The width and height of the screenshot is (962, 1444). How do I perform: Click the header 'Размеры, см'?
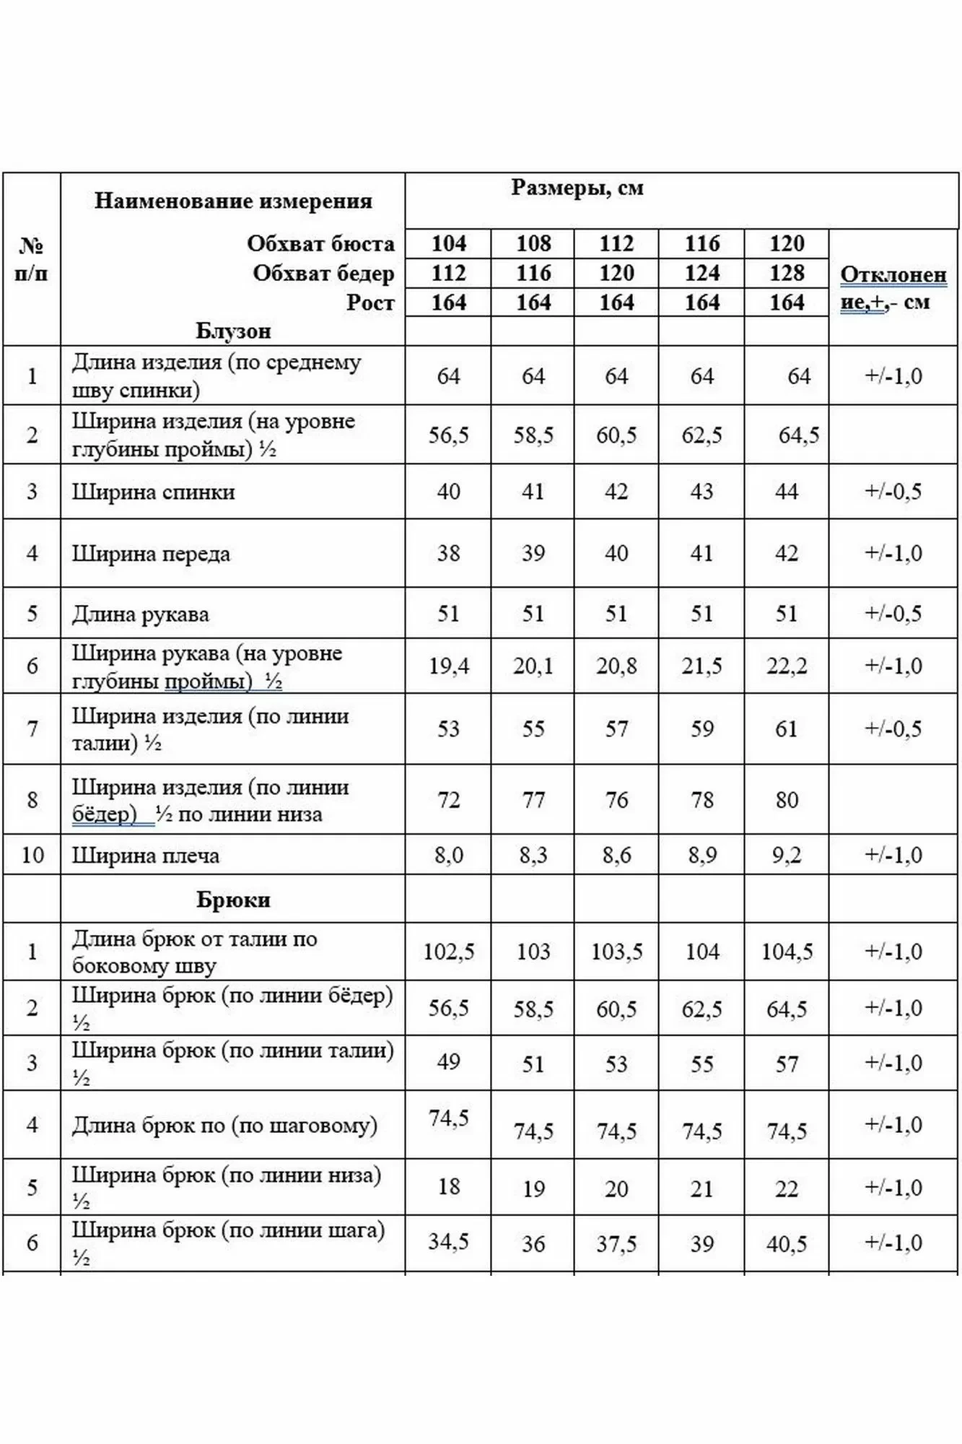577,188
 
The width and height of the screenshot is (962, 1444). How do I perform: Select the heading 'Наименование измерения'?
233,201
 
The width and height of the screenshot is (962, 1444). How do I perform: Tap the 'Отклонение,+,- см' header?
893,288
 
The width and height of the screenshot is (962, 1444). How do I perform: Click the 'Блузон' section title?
233,331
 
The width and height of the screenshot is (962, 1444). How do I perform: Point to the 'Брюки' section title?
233,900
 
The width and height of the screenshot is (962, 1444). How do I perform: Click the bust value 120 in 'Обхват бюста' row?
786,243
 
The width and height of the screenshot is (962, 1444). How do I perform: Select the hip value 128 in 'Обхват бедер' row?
786,273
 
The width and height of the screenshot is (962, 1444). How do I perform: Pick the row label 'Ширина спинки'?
153,492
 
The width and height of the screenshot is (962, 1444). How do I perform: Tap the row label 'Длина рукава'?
140,614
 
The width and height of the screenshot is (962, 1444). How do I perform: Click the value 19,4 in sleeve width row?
448,666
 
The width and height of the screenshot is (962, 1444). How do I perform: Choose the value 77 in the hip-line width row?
533,800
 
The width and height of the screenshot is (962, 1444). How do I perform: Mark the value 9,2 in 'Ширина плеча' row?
786,856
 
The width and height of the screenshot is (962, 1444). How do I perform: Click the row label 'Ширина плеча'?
145,856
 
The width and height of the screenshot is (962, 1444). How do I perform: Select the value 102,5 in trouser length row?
448,952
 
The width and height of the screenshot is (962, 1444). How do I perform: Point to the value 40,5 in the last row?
786,1243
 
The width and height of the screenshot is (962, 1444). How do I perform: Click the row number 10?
32,856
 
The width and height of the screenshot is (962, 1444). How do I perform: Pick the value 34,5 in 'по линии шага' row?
448,1242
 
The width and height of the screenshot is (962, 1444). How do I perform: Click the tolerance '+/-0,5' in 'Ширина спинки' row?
893,492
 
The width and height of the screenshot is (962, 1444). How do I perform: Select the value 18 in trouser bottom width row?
448,1187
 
